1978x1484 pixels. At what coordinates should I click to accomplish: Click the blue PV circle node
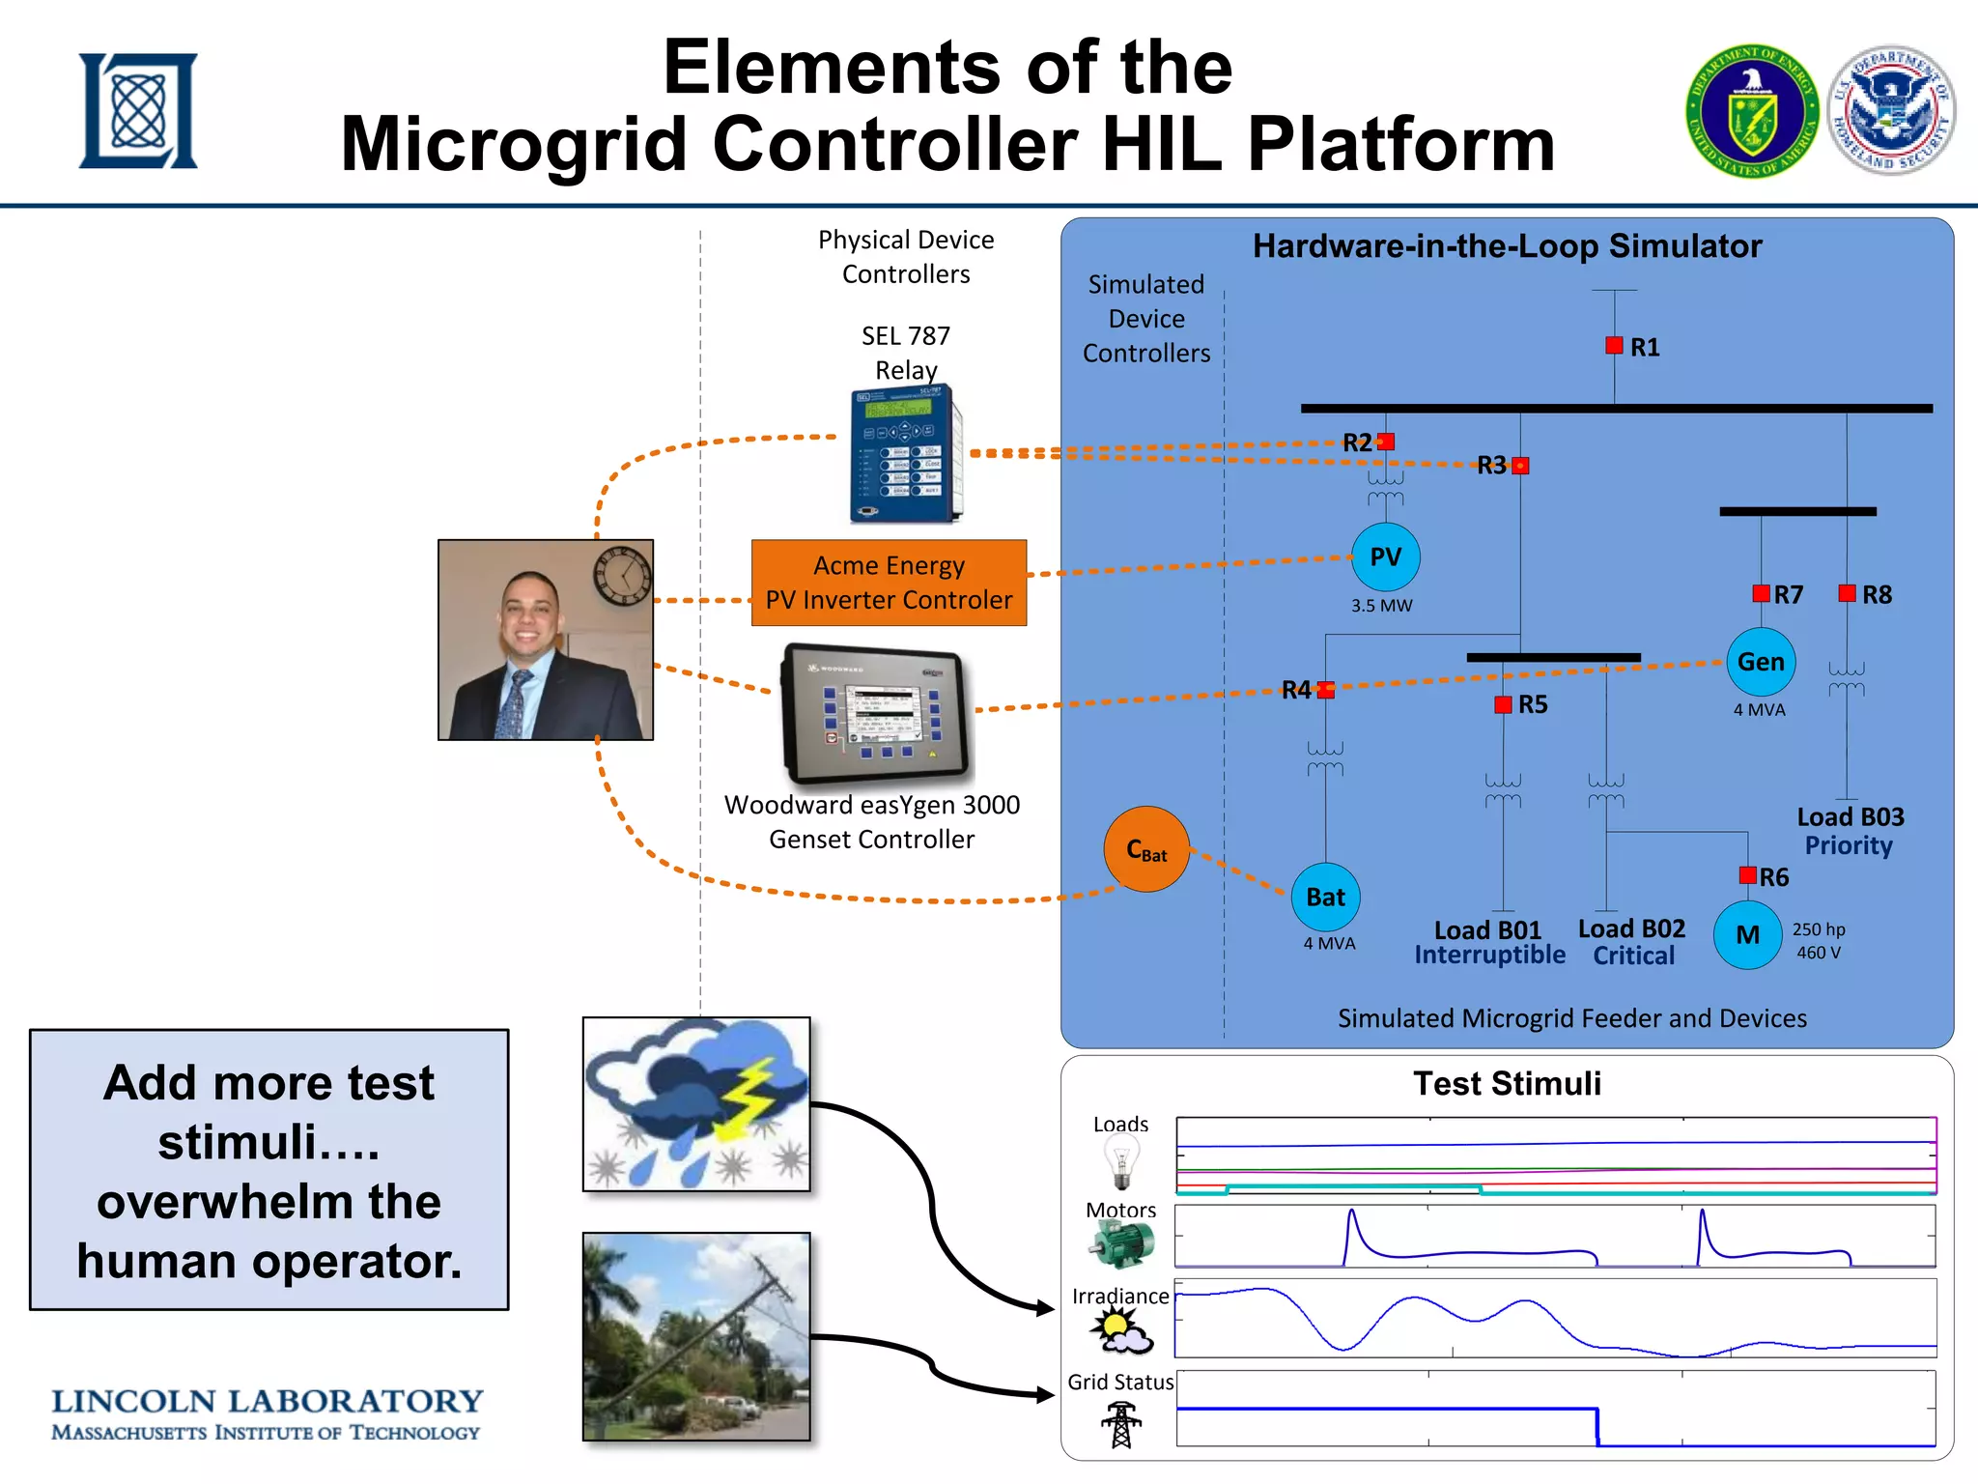point(1385,557)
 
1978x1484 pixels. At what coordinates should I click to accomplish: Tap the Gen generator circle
point(1761,662)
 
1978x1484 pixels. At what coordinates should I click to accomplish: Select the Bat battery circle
point(1325,897)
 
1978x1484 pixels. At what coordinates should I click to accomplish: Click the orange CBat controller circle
point(1146,849)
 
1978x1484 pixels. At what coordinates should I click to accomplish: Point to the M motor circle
point(1747,935)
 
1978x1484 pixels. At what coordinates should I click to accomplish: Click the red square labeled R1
point(1614,346)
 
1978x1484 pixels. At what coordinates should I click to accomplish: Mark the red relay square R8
point(1847,593)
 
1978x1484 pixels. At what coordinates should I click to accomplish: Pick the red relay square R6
point(1747,875)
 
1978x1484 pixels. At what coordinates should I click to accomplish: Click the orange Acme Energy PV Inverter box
point(889,583)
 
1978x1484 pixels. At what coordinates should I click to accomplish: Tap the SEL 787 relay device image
point(905,453)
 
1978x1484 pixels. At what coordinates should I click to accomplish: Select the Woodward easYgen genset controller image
point(875,713)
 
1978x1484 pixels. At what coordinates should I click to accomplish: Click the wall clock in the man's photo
point(622,575)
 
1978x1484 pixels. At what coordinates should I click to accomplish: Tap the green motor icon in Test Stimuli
point(1121,1244)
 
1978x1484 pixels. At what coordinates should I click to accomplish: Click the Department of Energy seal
point(1751,111)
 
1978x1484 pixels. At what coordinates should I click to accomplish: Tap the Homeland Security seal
point(1892,111)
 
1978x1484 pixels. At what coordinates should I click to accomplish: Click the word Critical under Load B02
point(1633,956)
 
